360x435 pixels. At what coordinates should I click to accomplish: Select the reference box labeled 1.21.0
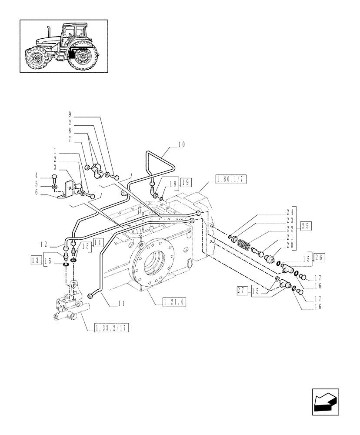[175, 301]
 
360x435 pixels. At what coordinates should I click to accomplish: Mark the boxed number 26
[319, 258]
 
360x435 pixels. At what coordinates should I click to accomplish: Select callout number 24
[289, 213]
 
